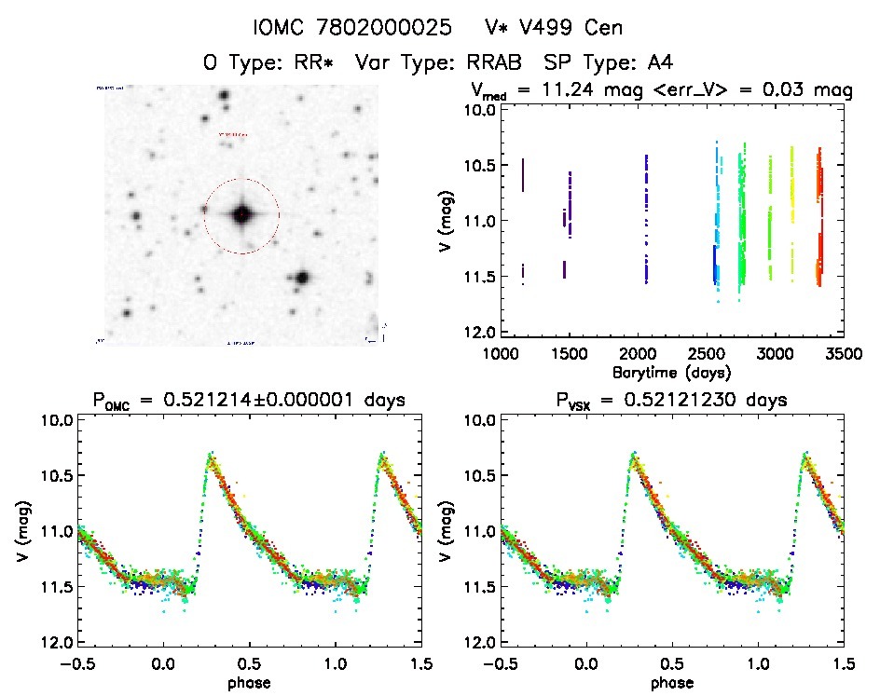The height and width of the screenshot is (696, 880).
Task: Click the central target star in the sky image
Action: click(241, 215)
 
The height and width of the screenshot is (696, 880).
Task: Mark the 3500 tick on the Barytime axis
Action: click(842, 354)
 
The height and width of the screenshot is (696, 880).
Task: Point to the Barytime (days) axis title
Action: click(670, 372)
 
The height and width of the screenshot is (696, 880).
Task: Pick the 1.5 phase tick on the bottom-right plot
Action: click(842, 664)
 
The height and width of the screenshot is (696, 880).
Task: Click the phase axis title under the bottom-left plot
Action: click(248, 682)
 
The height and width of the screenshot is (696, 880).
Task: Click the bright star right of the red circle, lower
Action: click(302, 278)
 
